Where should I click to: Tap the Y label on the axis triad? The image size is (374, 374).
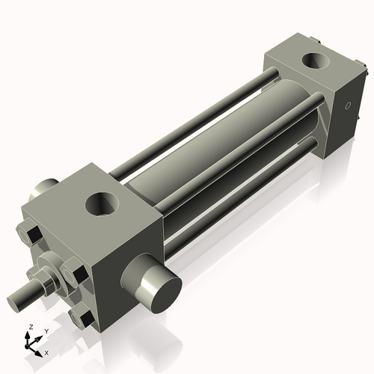46,330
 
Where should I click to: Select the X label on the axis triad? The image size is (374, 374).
47,352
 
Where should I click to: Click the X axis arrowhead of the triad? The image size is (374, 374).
40,349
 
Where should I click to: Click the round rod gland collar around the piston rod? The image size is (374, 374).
52,266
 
